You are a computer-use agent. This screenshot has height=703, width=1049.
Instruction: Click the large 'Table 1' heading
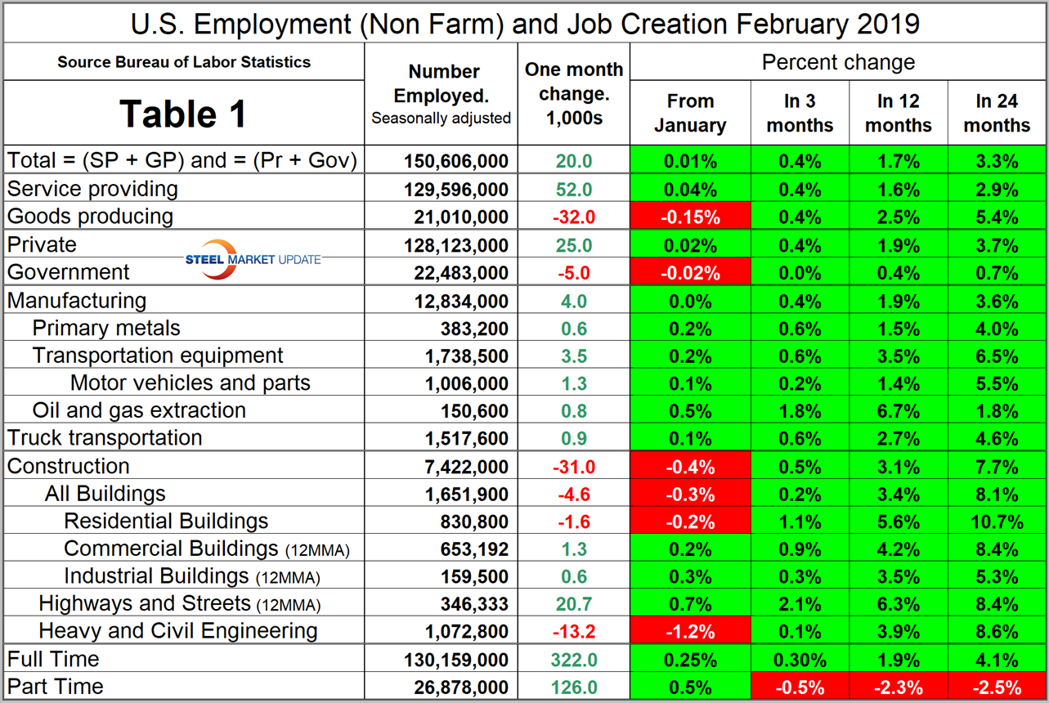tap(183, 114)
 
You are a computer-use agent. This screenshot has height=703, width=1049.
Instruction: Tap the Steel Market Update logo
tap(253, 258)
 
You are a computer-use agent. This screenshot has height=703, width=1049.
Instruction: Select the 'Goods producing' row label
tap(90, 217)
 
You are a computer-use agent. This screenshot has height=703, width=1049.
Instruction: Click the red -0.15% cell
tap(690, 217)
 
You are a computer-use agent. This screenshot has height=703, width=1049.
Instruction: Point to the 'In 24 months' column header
tap(996, 114)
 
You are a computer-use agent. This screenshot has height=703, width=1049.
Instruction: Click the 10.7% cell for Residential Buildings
tap(996, 522)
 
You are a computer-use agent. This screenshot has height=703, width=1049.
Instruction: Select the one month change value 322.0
tap(574, 660)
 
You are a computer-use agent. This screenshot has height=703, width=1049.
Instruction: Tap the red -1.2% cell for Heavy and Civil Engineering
tap(690, 632)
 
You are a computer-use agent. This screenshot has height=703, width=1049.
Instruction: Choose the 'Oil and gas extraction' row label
tap(139, 410)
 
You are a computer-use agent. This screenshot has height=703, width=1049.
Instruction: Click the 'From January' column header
tap(690, 114)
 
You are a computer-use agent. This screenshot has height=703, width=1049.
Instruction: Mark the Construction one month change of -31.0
tap(574, 467)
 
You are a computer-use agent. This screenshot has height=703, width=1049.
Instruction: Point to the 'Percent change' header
tap(838, 62)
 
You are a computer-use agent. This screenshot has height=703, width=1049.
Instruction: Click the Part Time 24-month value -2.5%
tap(996, 687)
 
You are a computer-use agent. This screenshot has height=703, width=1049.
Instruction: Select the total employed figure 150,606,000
tap(456, 161)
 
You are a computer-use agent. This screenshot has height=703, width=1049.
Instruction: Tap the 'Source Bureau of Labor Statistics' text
tap(184, 62)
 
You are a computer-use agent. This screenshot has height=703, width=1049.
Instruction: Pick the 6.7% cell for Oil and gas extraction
tap(898, 410)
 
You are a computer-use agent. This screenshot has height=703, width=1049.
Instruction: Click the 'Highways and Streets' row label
tap(144, 604)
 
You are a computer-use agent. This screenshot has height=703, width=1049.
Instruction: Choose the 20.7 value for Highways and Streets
tap(574, 605)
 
